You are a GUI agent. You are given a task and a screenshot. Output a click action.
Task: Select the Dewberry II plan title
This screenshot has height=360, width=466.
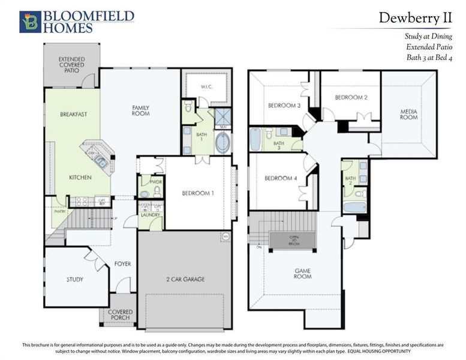414,18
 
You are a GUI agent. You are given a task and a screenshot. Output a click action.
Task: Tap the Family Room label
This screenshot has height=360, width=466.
141,110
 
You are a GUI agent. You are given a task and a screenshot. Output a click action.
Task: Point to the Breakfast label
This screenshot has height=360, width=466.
74,114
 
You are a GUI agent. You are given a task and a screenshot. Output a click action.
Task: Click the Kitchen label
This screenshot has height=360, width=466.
80,178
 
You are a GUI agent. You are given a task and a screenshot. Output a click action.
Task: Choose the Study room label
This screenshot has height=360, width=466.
75,280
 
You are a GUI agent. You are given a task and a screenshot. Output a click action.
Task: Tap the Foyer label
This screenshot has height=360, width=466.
123,264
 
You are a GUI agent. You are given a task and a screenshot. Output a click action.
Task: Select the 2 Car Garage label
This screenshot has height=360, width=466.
185,280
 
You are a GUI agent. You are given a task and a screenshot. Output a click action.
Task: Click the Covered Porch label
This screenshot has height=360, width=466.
121,316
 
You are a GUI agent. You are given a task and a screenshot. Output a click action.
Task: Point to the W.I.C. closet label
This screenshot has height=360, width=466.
207,86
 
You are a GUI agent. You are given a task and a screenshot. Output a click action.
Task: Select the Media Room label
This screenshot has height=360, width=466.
409,114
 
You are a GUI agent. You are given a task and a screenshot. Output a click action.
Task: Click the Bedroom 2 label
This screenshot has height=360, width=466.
351,97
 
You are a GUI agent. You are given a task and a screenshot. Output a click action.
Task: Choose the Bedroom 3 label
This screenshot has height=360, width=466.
284,106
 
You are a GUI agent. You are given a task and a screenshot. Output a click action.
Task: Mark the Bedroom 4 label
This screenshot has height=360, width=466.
281,179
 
